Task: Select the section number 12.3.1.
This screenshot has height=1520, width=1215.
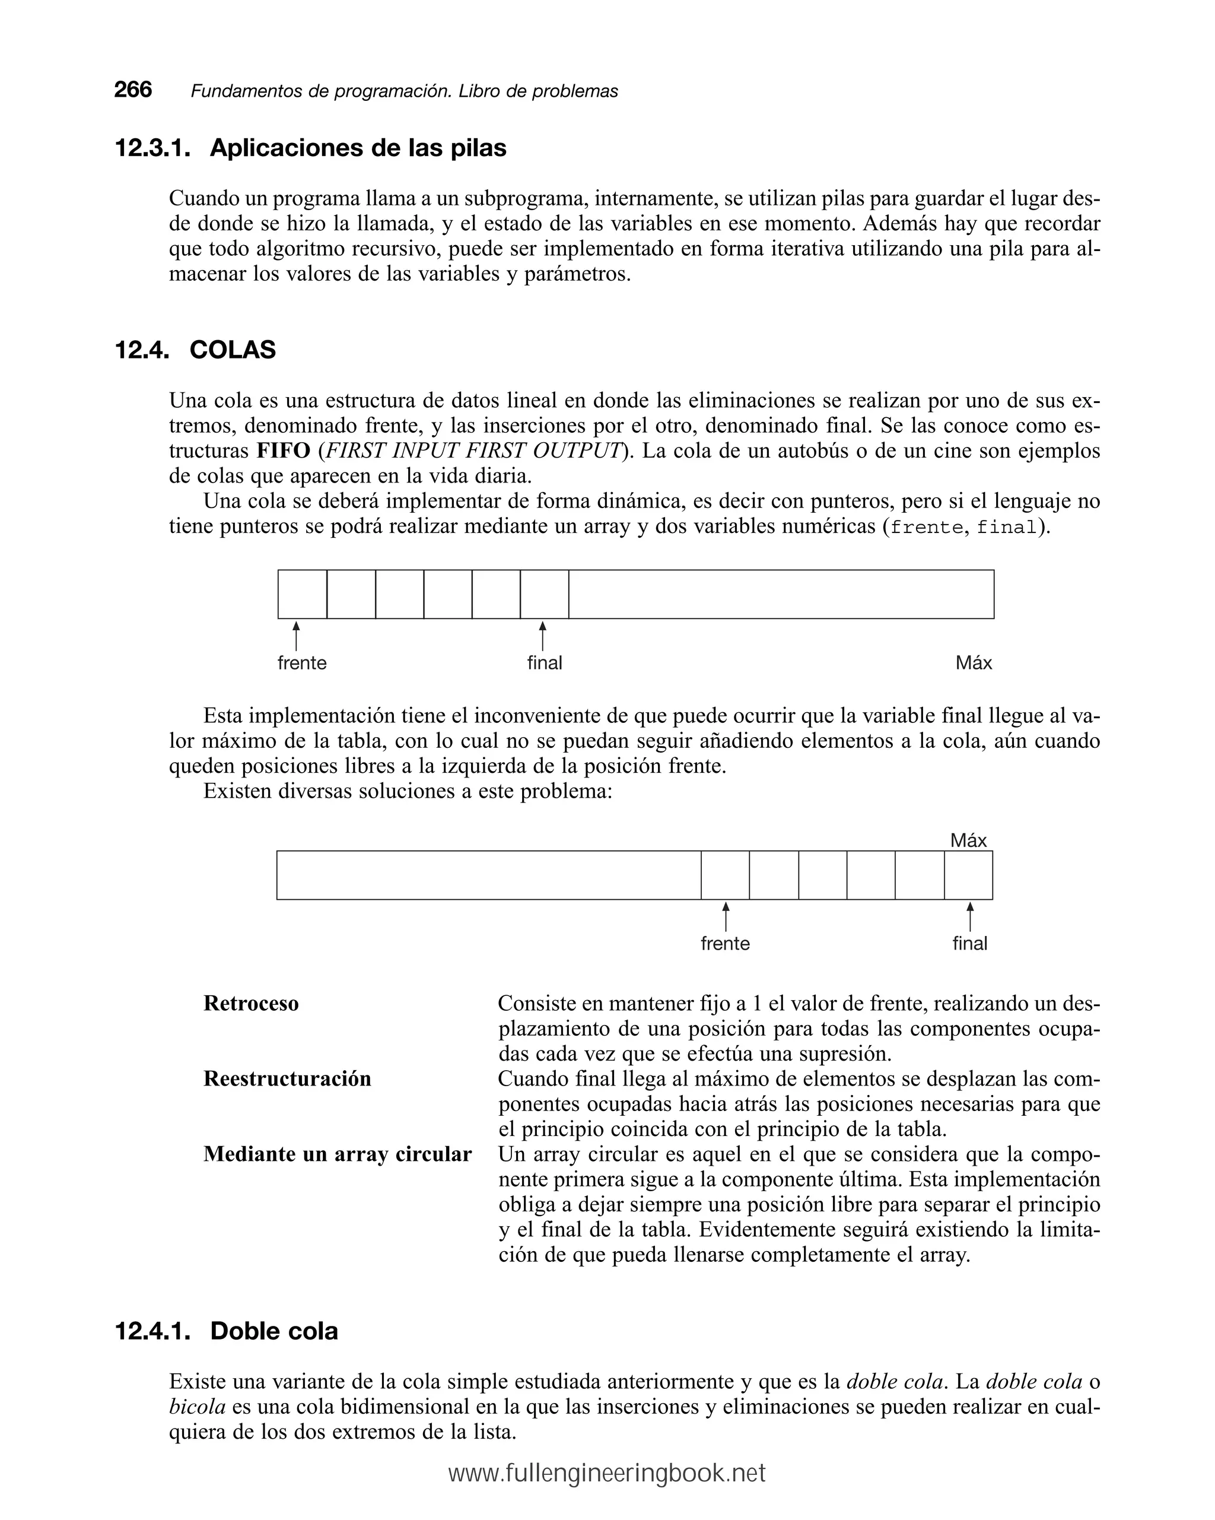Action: coord(152,148)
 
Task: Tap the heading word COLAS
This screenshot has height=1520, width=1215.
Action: coord(233,350)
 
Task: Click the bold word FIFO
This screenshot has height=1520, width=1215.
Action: coord(284,450)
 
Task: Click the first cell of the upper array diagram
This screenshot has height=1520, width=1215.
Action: coord(303,594)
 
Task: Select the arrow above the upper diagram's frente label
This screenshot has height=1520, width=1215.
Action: coord(296,636)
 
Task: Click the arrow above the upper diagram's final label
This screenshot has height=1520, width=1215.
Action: coord(542,636)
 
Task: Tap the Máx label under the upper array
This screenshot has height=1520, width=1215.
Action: coord(974,663)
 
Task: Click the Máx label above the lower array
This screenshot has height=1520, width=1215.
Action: coord(968,840)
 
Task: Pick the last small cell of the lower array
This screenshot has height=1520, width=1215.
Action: coord(968,875)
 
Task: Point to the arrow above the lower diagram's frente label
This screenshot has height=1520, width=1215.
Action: coord(725,916)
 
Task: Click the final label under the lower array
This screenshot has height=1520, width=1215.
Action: coord(970,943)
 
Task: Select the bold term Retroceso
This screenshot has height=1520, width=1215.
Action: coord(251,1003)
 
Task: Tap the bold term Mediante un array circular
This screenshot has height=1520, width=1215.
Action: coord(337,1154)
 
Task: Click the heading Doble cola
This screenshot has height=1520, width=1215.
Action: coord(273,1331)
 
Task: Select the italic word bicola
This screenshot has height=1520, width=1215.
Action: coord(198,1407)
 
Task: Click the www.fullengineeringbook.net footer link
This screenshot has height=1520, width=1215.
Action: coord(607,1474)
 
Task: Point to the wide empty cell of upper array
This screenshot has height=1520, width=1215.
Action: coord(781,594)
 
